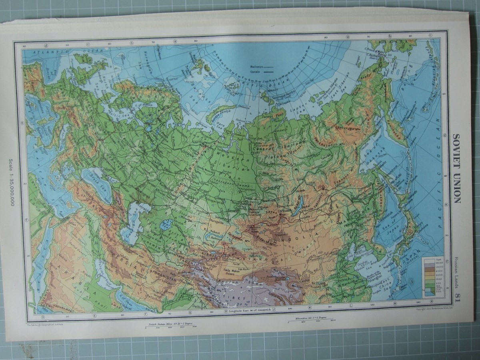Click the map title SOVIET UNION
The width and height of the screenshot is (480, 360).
pyautogui.click(x=456, y=168)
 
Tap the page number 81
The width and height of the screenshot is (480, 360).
pyautogui.click(x=457, y=298)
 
